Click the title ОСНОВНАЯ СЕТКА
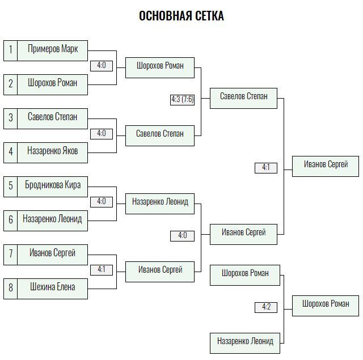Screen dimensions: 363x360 181,16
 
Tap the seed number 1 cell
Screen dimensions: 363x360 10,50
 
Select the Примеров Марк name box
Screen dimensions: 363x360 53,50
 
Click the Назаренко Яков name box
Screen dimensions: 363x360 53,153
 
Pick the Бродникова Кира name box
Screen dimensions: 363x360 53,187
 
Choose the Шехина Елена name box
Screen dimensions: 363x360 53,289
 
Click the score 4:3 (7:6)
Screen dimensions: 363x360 182,100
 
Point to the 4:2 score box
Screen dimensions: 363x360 266,307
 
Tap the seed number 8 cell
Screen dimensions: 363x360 10,289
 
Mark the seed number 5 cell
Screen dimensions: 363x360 10,187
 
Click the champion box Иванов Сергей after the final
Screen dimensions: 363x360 326,166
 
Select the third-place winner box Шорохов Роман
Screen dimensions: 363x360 326,306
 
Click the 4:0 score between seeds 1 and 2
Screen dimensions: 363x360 102,66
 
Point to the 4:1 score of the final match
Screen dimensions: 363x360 266,168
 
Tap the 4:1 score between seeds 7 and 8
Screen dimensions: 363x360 102,270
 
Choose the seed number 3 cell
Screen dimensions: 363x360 10,118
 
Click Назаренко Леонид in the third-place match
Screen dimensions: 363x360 245,343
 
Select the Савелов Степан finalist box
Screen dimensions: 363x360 243,98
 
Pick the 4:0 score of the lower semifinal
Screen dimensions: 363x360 182,236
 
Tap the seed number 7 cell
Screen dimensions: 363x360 10,255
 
